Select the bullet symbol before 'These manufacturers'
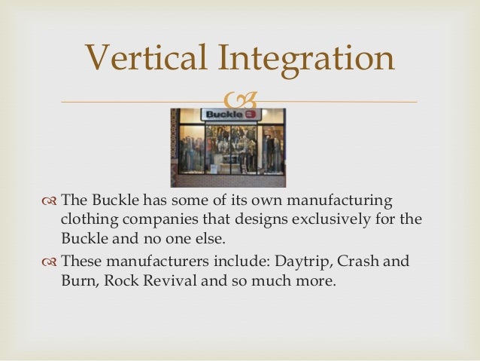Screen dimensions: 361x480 [x=50, y=262]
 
